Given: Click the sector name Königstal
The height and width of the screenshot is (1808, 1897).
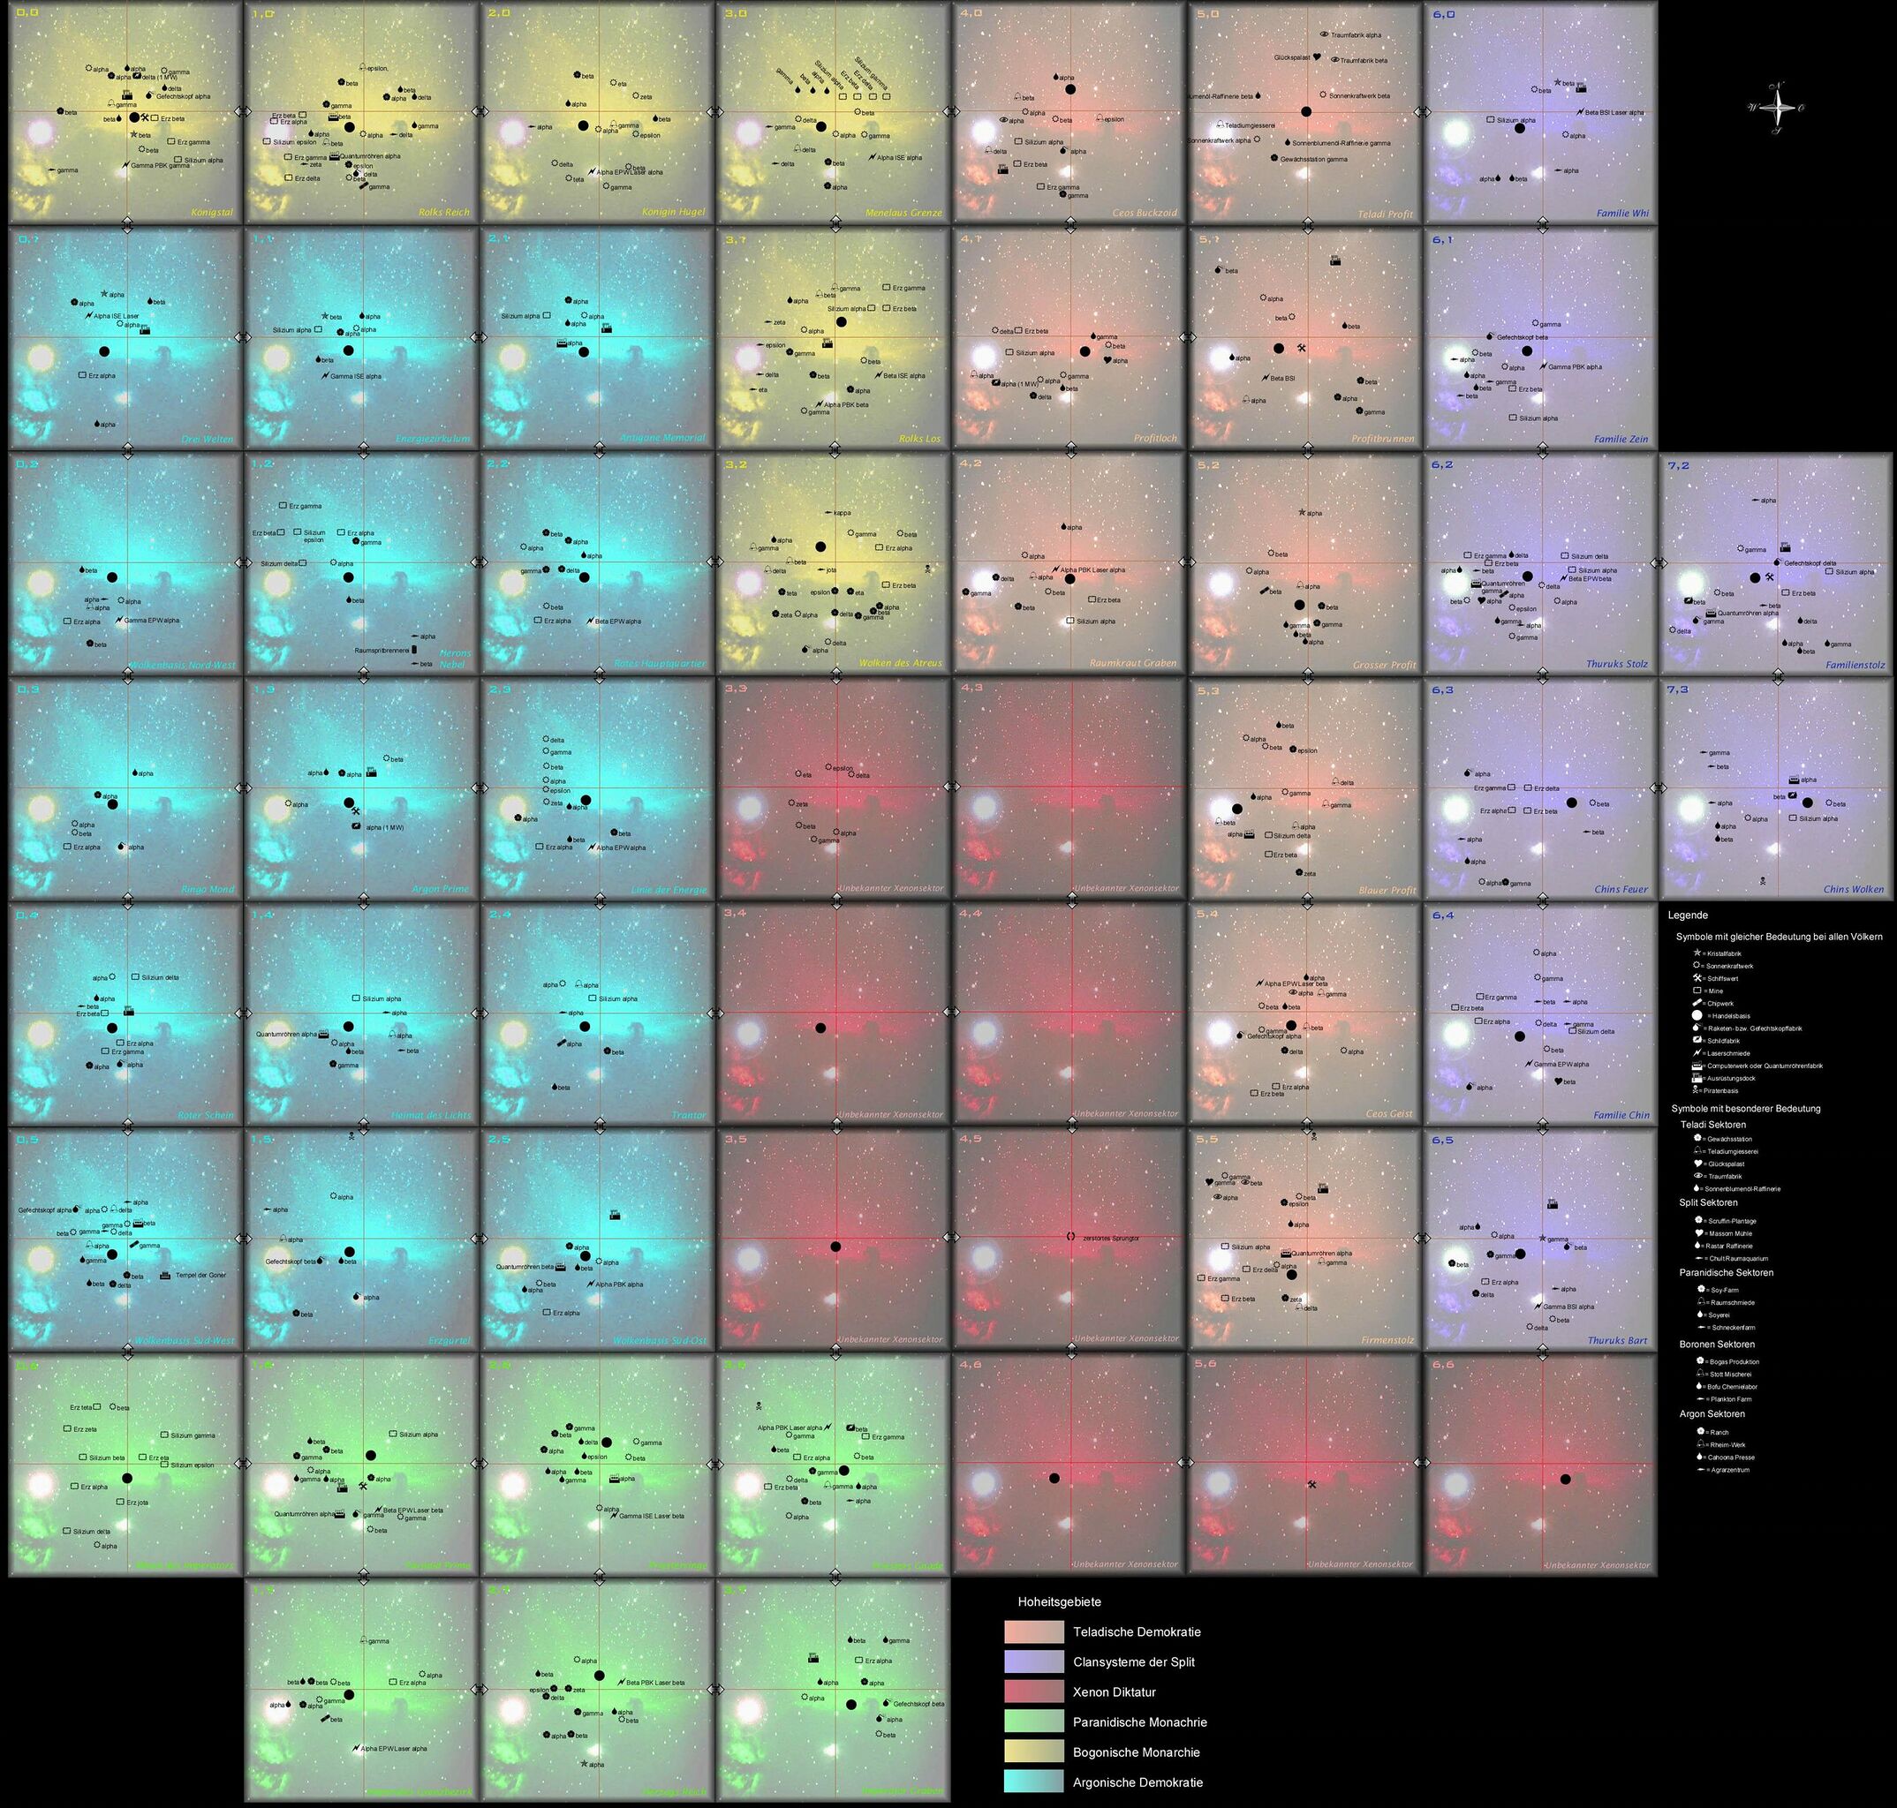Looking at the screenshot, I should tap(211, 213).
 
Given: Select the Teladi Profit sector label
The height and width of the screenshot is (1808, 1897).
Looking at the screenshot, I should tap(1387, 214).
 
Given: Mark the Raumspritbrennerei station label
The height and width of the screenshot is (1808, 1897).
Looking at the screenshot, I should tap(382, 650).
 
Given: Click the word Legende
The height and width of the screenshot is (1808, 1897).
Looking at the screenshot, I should tap(1687, 915).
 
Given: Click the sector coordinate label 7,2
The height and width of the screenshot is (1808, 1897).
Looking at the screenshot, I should tap(1677, 465).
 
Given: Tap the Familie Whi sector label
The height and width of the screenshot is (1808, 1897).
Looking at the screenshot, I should tap(1622, 214).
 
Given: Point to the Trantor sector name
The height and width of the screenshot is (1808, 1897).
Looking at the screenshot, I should tap(690, 1115).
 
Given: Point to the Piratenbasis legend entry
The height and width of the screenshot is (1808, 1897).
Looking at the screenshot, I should tap(1720, 1091).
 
